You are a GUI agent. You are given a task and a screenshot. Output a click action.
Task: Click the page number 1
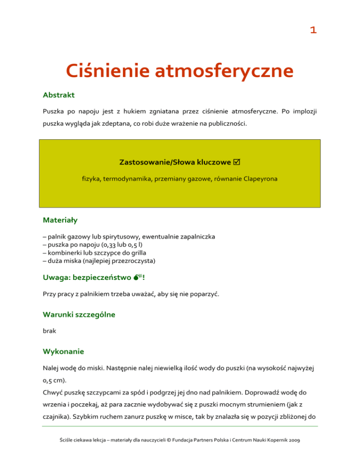[313, 30]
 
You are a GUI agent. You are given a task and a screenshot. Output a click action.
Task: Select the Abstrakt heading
[59, 95]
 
